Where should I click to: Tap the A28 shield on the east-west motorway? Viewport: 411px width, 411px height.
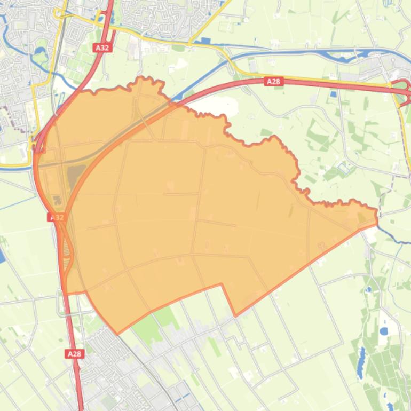point(273,81)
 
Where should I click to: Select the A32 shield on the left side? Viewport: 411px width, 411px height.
point(56,217)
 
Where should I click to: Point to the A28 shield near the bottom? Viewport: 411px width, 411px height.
point(74,353)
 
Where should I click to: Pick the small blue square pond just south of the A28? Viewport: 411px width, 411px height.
point(334,94)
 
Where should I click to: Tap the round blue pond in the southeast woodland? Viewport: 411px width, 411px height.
point(384,331)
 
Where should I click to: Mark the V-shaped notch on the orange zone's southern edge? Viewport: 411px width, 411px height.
point(235,315)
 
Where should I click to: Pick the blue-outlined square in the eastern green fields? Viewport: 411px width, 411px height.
point(343,169)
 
